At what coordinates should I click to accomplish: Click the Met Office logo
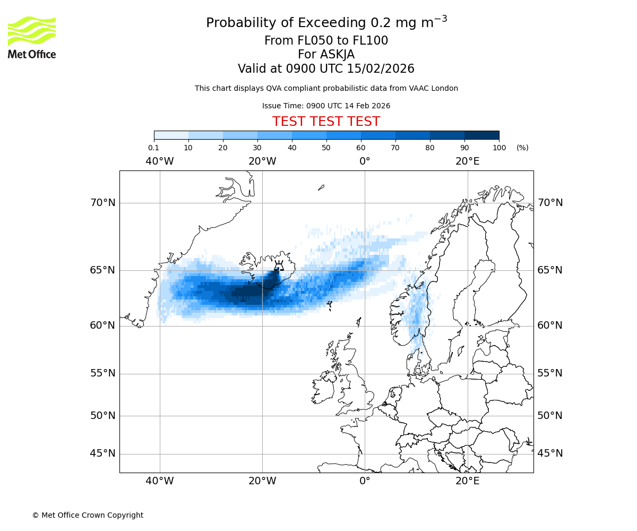32,37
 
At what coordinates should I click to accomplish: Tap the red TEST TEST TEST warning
326,122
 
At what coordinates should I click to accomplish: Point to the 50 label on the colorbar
326,148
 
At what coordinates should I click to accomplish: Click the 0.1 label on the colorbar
153,148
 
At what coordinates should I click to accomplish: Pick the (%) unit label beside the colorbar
522,148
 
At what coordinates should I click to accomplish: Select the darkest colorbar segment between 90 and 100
481,135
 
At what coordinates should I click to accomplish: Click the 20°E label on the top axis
467,161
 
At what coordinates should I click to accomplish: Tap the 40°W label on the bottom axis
159,481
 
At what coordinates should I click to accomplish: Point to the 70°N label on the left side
102,203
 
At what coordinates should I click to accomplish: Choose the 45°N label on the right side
550,453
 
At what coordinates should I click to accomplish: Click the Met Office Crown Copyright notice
88,515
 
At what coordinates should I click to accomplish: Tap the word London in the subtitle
445,88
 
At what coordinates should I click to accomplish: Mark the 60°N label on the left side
102,326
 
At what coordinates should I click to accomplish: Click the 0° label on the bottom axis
365,481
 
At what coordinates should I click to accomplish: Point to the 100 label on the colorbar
499,148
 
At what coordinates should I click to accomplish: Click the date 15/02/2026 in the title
381,69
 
